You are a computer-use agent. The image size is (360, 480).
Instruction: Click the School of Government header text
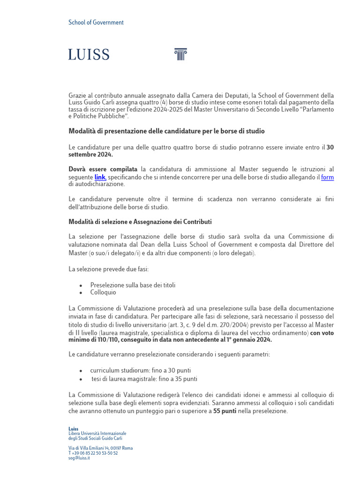pos(96,22)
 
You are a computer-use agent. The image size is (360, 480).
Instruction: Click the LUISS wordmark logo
pos(89,55)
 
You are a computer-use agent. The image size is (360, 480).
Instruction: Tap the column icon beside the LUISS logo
pos(180,54)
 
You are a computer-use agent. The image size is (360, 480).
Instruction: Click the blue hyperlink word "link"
pos(100,177)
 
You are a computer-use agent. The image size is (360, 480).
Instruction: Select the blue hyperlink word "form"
pos(327,177)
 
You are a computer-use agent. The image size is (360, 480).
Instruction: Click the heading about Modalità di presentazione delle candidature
pos(167,131)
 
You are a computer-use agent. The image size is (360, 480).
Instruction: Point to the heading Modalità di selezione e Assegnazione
pos(140,222)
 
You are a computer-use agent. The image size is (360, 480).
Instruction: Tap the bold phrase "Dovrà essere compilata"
pos(103,169)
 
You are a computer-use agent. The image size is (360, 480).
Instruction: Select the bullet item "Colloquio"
pos(103,292)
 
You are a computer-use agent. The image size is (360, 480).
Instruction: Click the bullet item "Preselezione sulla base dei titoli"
pos(133,285)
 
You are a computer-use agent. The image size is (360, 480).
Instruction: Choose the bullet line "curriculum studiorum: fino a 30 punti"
pos(141,370)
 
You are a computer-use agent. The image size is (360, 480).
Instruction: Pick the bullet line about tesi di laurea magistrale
pos(144,378)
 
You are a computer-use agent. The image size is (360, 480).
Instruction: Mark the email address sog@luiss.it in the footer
pos(79,458)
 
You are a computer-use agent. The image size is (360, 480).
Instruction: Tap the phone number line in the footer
pos(93,453)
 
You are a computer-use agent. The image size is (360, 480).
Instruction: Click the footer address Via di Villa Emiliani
pos(100,448)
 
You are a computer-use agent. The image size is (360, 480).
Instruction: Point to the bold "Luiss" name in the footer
pos(74,429)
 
